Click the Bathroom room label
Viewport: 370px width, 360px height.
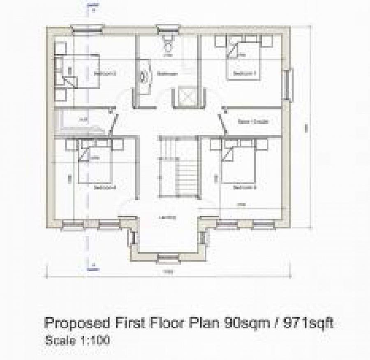click(167, 74)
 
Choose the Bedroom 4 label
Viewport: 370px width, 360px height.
click(105, 187)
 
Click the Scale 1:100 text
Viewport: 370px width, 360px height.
click(77, 341)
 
